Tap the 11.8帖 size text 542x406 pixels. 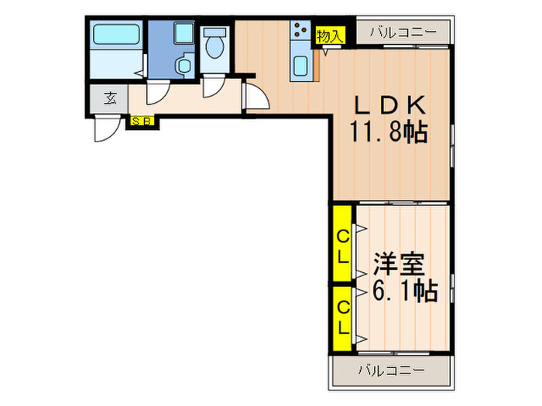(388, 134)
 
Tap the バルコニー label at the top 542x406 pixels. (403, 32)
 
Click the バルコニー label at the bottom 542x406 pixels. (391, 370)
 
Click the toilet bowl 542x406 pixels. (214, 46)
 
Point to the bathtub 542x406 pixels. (115, 36)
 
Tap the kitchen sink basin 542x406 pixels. (300, 67)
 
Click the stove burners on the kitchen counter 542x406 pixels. (300, 32)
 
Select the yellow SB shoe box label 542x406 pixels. (142, 121)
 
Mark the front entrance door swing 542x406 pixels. (105, 130)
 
